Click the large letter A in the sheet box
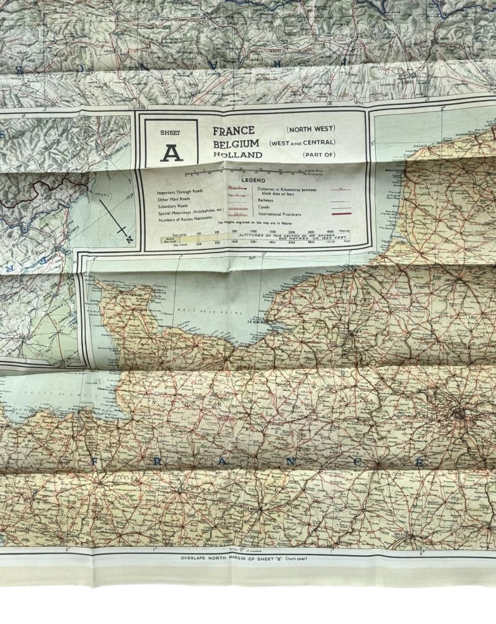tap(171, 151)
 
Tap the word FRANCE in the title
tap(234, 131)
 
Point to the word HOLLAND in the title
tap(237, 155)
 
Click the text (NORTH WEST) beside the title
tap(311, 129)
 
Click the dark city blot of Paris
tap(459, 412)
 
